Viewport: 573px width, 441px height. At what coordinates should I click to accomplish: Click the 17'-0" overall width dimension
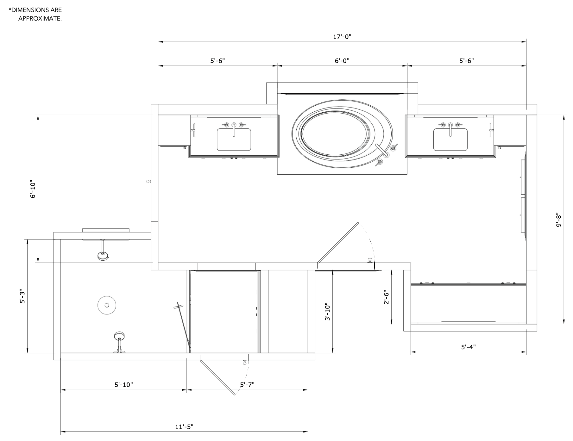(x=342, y=37)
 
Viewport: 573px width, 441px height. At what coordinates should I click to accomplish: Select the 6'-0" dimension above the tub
(x=342, y=60)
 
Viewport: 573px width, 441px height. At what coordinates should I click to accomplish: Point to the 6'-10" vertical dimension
(x=33, y=189)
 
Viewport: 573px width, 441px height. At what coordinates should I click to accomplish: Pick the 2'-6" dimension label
(x=386, y=298)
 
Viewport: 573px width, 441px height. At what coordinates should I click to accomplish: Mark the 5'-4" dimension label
(x=468, y=347)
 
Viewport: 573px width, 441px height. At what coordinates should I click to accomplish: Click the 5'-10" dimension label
(x=123, y=385)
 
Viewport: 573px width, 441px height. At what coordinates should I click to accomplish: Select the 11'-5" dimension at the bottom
(x=184, y=427)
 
